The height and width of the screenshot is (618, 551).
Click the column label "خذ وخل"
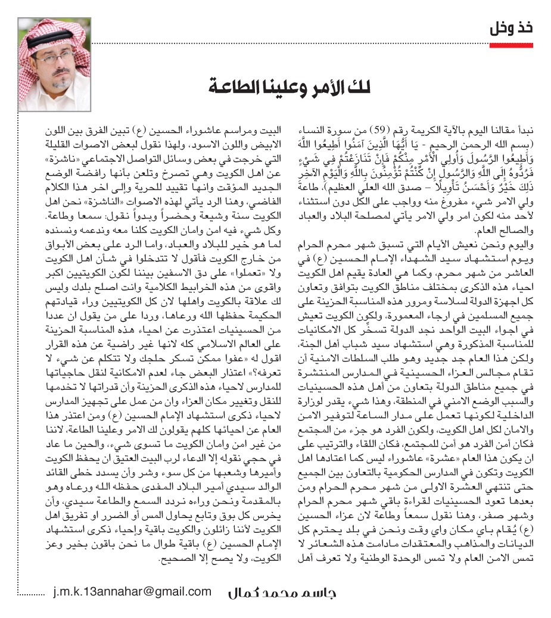511,28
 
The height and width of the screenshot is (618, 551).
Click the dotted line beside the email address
31,593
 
